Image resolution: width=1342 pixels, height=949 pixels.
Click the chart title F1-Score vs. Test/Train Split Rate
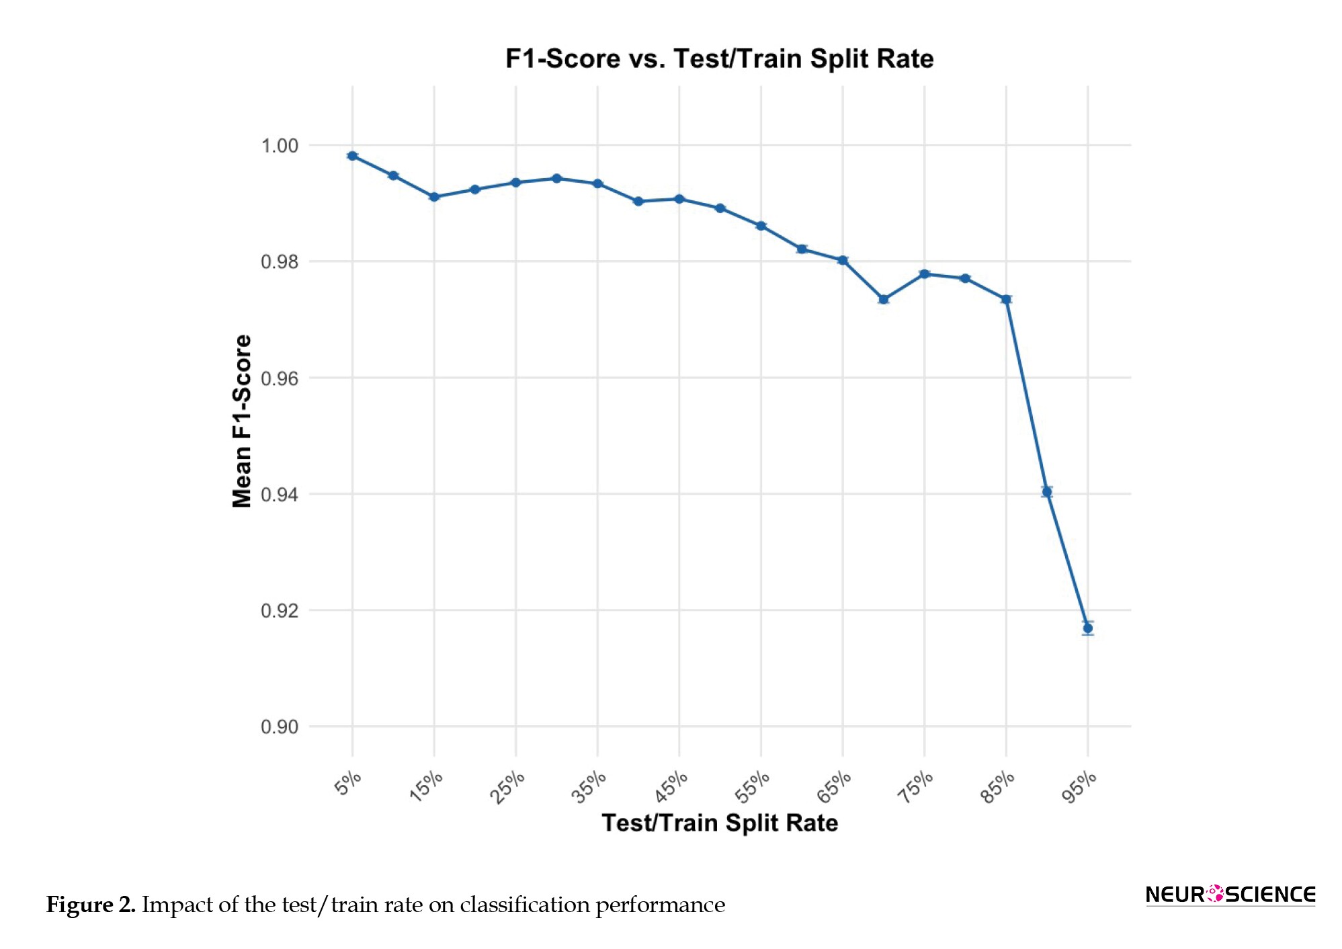click(x=719, y=59)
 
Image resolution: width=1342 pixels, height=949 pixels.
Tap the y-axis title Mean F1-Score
click(x=242, y=421)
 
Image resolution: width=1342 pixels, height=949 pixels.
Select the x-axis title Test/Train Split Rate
click(x=719, y=823)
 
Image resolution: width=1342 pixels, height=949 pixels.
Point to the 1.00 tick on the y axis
click(x=280, y=146)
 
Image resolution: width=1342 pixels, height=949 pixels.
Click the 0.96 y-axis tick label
click(x=280, y=378)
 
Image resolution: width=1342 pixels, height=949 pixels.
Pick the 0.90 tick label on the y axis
click(x=280, y=727)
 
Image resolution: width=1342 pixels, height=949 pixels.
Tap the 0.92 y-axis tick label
click(x=280, y=611)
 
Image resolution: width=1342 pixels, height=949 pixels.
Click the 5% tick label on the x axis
click(x=348, y=784)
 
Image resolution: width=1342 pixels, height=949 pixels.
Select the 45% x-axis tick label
click(x=671, y=786)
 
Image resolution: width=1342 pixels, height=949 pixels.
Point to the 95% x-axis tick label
click(x=1079, y=786)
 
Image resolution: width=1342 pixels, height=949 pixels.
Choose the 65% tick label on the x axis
click(x=834, y=786)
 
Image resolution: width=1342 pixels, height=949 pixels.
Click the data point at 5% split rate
click(x=352, y=156)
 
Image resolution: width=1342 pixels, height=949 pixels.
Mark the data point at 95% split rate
click(x=1087, y=628)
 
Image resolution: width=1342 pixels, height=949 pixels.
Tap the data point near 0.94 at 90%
click(x=1046, y=492)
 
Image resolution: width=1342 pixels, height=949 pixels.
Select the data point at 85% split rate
click(x=1006, y=299)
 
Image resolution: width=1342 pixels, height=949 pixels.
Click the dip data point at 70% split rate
click(x=883, y=299)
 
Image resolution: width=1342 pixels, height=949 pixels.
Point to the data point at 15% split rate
click(x=434, y=197)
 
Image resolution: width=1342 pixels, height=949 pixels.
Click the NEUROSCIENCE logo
click(x=1230, y=895)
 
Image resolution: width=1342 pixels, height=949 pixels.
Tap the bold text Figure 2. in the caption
click(x=91, y=905)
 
